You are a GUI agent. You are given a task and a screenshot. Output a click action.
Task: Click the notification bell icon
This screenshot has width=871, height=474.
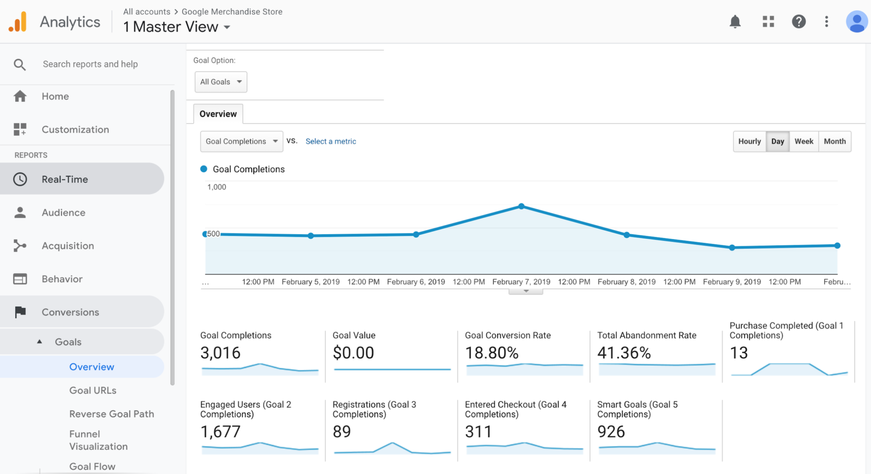pyautogui.click(x=735, y=22)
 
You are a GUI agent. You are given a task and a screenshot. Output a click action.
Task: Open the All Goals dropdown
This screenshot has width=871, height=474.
pyautogui.click(x=220, y=82)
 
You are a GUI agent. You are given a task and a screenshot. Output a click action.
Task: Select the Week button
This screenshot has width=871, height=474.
pyautogui.click(x=803, y=141)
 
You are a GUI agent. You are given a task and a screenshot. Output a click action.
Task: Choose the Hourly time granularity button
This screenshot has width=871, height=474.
pyautogui.click(x=749, y=141)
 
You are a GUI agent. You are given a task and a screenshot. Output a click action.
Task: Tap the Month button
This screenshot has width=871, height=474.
pyautogui.click(x=835, y=141)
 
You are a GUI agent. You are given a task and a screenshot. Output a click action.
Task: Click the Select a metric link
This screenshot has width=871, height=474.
pyautogui.click(x=330, y=141)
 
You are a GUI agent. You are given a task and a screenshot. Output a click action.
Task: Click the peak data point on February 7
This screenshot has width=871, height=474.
pyautogui.click(x=522, y=207)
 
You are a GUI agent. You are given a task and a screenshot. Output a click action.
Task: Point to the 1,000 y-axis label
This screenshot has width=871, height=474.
pyautogui.click(x=217, y=187)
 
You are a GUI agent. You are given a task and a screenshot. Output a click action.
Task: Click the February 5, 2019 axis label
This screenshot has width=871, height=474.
pyautogui.click(x=310, y=282)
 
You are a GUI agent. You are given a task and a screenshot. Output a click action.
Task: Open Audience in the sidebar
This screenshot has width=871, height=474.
pyautogui.click(x=64, y=213)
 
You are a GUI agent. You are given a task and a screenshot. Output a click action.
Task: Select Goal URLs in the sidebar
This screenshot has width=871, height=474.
pyautogui.click(x=93, y=390)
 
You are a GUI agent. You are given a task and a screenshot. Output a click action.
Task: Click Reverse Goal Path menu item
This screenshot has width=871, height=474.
pyautogui.click(x=112, y=414)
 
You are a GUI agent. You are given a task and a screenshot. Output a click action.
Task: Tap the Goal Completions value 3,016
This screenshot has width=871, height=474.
pyautogui.click(x=220, y=353)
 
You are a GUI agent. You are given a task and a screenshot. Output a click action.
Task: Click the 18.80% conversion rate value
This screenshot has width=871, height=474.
pyautogui.click(x=492, y=353)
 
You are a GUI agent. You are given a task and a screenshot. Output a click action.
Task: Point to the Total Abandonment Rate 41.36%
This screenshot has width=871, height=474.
pyautogui.click(x=624, y=353)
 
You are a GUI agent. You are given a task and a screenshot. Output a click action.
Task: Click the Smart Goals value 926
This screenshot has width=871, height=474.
pyautogui.click(x=611, y=432)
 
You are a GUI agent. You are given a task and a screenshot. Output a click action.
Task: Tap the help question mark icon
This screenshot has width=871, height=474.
pyautogui.click(x=799, y=22)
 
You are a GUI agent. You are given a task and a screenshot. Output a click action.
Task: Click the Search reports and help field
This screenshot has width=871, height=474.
pyautogui.click(x=90, y=64)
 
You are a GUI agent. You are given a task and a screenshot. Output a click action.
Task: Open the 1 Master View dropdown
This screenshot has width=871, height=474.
pyautogui.click(x=176, y=27)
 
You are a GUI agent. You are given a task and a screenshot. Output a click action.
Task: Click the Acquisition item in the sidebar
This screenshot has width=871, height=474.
pyautogui.click(x=68, y=246)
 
